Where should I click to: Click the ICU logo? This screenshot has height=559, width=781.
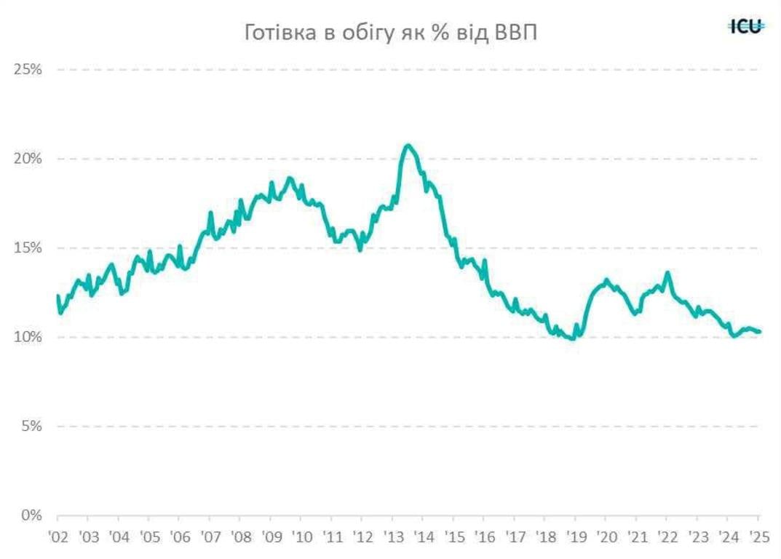pyautogui.click(x=746, y=27)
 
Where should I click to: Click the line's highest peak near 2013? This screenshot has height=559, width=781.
pyautogui.click(x=408, y=146)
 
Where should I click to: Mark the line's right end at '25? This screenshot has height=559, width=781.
pyautogui.click(x=760, y=332)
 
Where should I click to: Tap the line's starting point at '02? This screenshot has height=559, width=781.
pyautogui.click(x=58, y=296)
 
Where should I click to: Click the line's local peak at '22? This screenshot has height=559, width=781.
pyautogui.click(x=667, y=273)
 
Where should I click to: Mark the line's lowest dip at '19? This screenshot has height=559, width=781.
pyautogui.click(x=574, y=338)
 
